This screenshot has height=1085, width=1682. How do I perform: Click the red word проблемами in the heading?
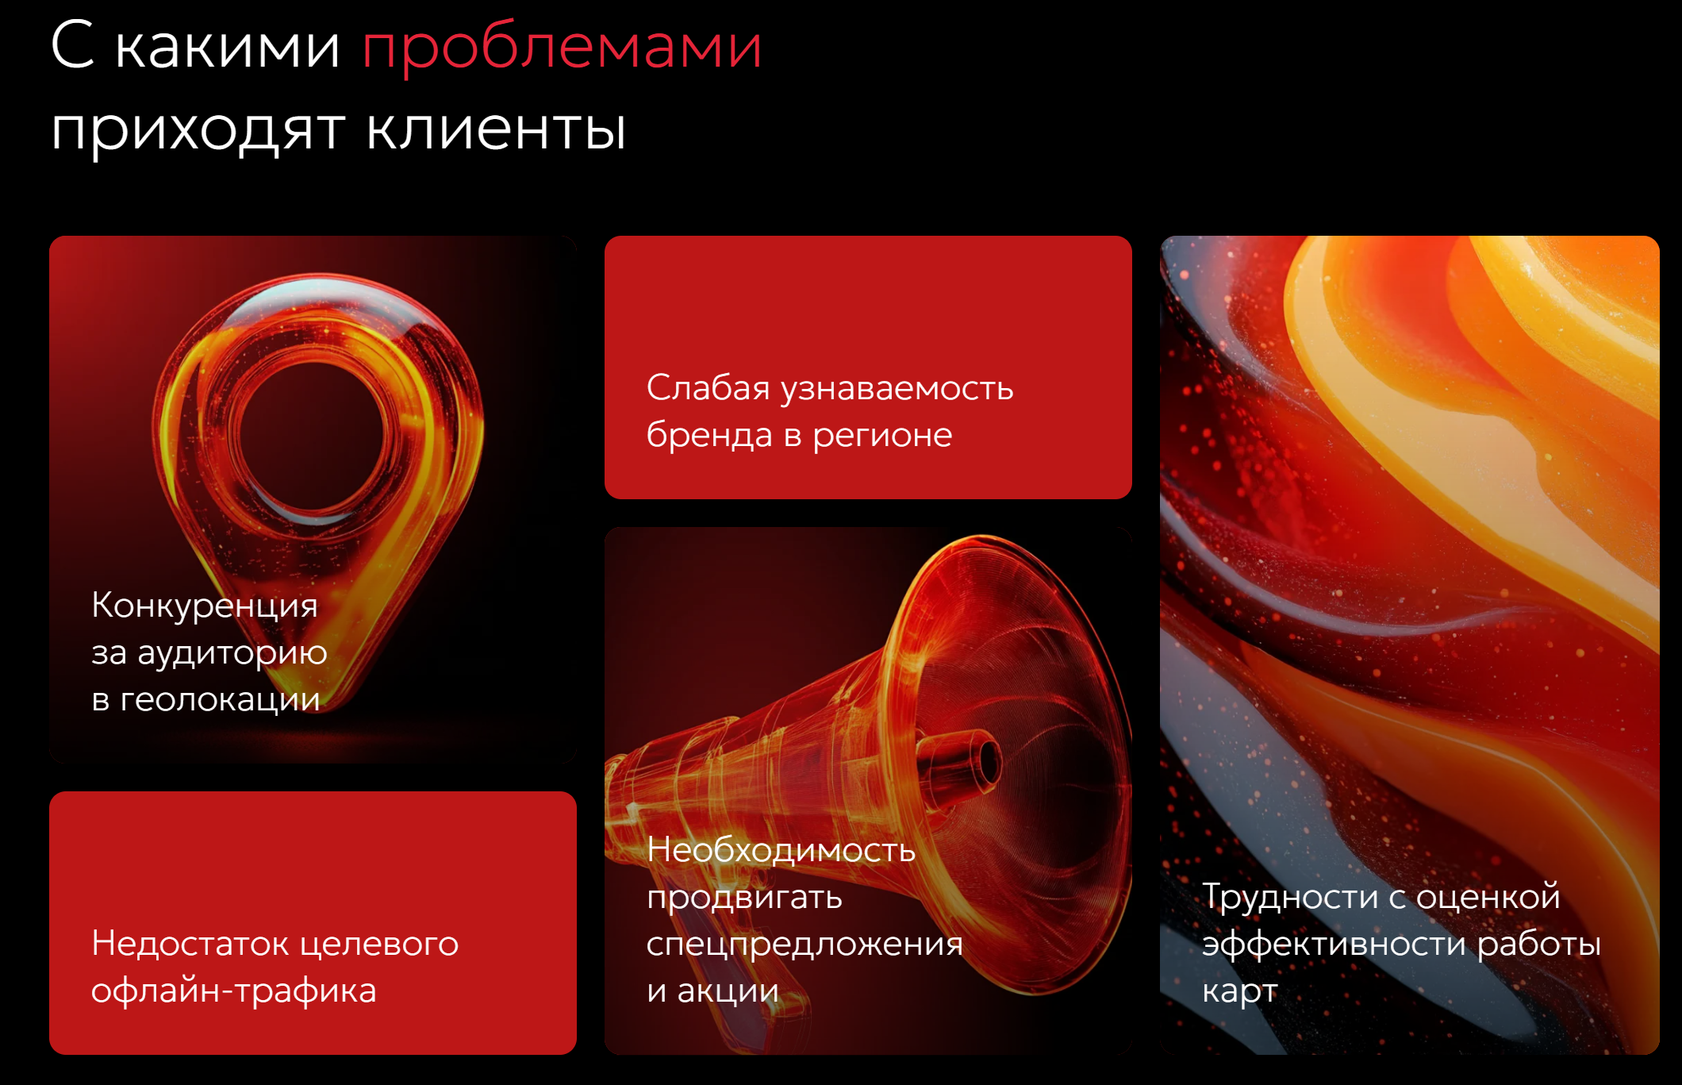tap(562, 48)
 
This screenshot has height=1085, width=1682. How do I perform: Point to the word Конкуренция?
tap(205, 606)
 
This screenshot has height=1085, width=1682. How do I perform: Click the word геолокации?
tap(220, 700)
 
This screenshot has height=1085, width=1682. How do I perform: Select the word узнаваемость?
tap(897, 389)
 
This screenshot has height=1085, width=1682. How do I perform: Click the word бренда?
tap(709, 434)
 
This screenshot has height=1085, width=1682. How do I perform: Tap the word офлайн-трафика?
tap(233, 991)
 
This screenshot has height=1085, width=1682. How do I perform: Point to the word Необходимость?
tap(781, 850)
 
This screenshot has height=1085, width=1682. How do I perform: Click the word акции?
tap(728, 991)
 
